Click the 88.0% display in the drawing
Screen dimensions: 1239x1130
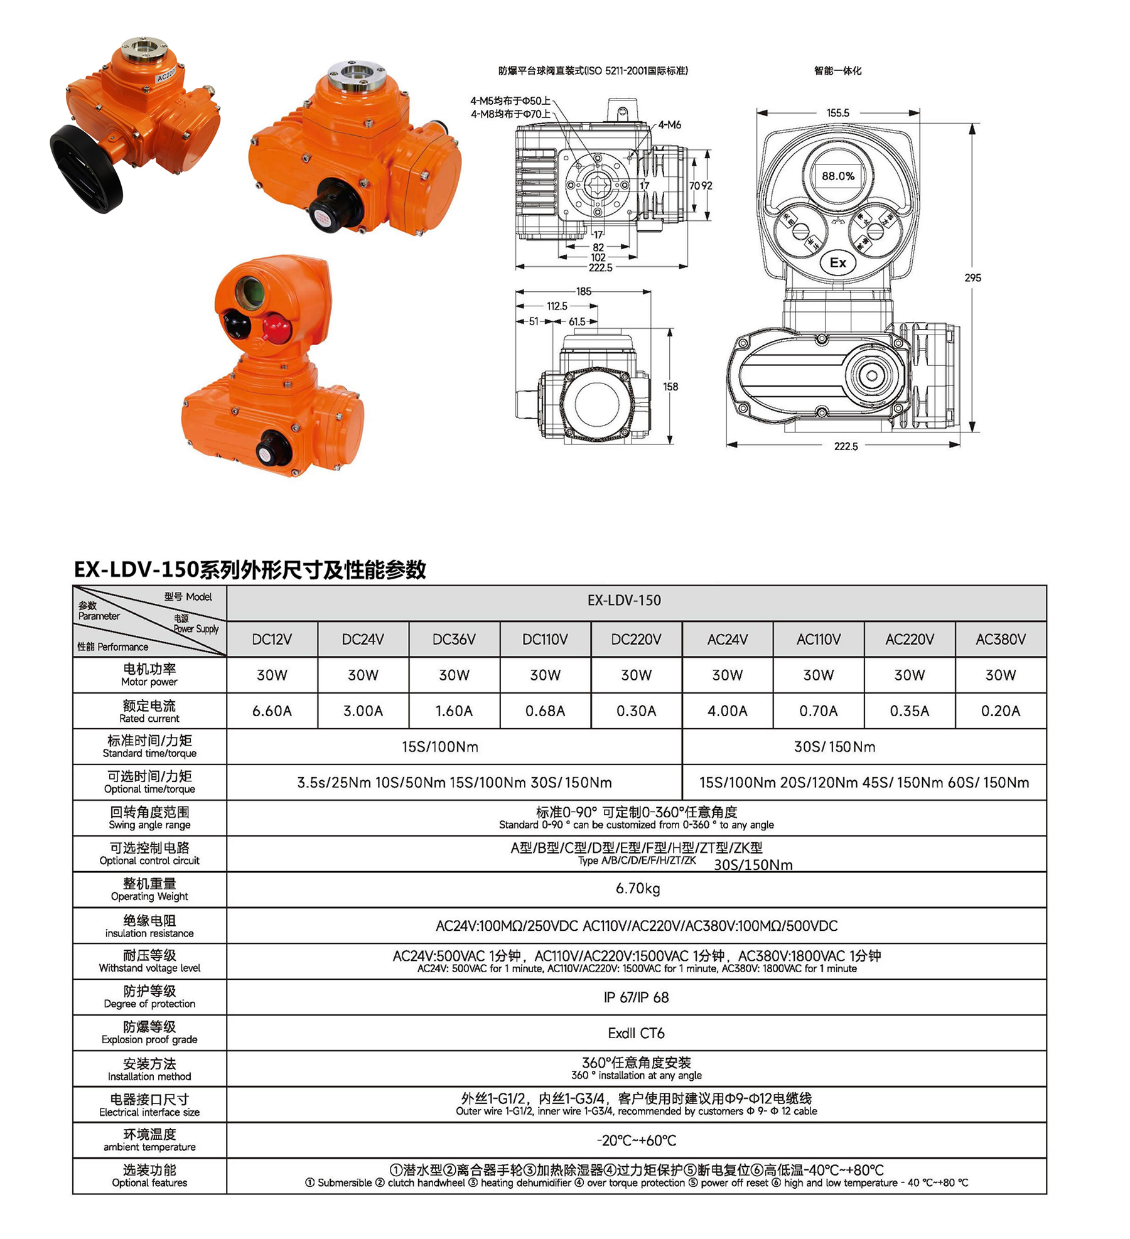coord(838,176)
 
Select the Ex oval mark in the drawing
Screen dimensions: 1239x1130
coord(838,263)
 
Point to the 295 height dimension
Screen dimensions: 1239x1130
coord(972,277)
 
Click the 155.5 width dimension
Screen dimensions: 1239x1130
coord(837,113)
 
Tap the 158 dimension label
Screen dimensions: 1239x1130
coord(670,387)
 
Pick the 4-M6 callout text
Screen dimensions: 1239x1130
coord(670,125)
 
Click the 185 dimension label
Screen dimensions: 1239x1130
coord(583,291)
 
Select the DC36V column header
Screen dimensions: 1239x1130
coord(454,640)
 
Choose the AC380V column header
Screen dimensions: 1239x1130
coord(1001,640)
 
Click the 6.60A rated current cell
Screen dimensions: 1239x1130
coord(272,711)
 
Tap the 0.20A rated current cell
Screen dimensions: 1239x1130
coord(1001,711)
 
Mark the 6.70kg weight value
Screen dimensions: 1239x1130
coord(637,889)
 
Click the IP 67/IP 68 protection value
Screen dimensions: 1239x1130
coord(636,997)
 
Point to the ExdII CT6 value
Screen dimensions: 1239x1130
coord(636,1033)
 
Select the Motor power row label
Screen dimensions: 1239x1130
coord(149,675)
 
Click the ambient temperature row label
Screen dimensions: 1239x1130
coord(149,1140)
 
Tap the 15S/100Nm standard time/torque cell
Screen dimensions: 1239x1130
coord(440,747)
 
